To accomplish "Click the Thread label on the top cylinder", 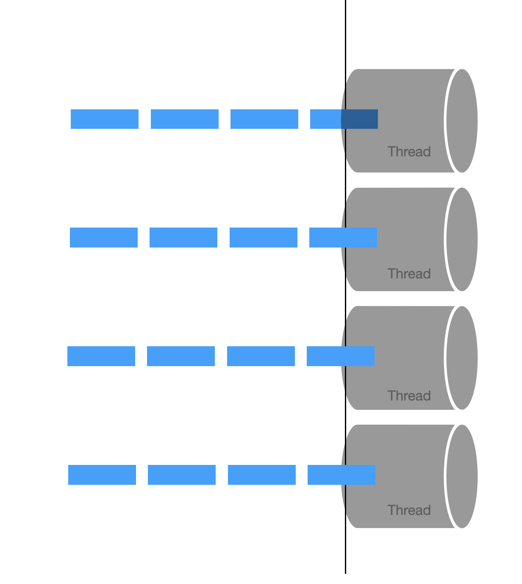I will pyautogui.click(x=409, y=152).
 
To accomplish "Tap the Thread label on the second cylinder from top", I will pyautogui.click(x=409, y=274).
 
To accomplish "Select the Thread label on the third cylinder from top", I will pyautogui.click(x=409, y=396).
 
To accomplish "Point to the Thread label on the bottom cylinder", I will pyautogui.click(x=409, y=510).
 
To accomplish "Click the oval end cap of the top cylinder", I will pyautogui.click(x=462, y=121).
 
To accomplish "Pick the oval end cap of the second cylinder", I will pyautogui.click(x=462, y=239).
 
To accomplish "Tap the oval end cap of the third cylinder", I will pyautogui.click(x=462, y=358).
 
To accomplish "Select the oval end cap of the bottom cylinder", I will pyautogui.click(x=462, y=476).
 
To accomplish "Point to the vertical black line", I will pyautogui.click(x=345, y=34).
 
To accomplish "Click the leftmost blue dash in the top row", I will pyautogui.click(x=105, y=119).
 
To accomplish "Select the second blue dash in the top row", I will pyautogui.click(x=185, y=119).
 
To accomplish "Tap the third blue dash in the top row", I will pyautogui.click(x=264, y=119).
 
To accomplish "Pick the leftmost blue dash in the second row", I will pyautogui.click(x=104, y=237).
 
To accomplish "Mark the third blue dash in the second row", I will pyautogui.click(x=264, y=237).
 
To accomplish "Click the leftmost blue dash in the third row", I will pyautogui.click(x=101, y=356).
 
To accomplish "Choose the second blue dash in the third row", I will pyautogui.click(x=181, y=356).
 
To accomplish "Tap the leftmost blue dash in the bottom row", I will pyautogui.click(x=102, y=475).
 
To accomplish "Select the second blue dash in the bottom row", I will pyautogui.click(x=182, y=475).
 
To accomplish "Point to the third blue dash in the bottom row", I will pyautogui.click(x=262, y=475).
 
